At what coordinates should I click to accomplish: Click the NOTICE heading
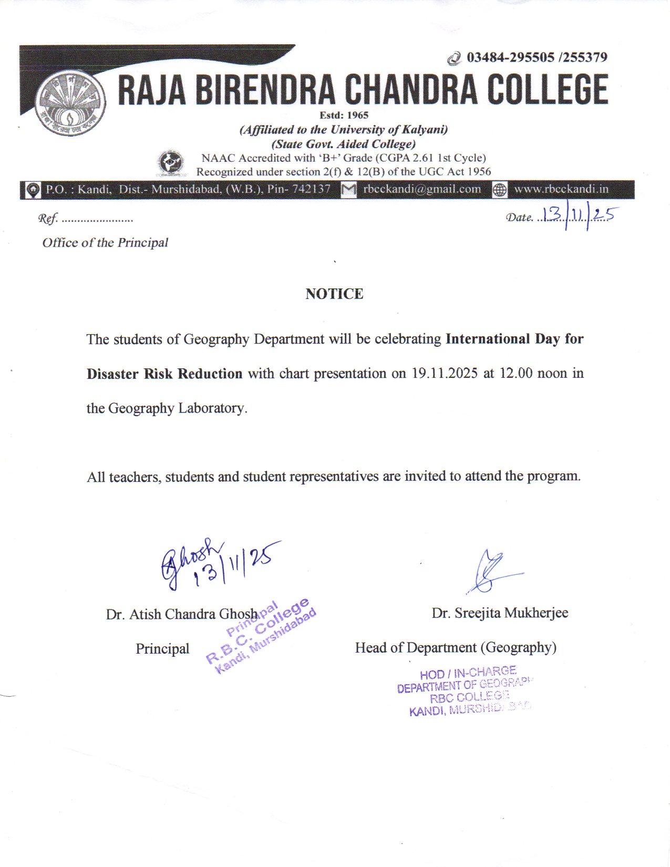point(334,294)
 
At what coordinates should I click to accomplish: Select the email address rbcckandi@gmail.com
point(422,189)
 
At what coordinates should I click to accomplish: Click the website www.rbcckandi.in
point(561,189)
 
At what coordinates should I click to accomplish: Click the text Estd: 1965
point(344,115)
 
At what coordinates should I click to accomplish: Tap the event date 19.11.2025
point(445,374)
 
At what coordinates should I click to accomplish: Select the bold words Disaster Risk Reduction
point(164,374)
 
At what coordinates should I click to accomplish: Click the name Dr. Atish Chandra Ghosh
point(181,614)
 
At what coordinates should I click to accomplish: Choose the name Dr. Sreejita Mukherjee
point(500,613)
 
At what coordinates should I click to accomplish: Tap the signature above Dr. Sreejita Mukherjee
point(491,571)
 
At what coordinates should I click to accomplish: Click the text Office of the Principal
point(105,242)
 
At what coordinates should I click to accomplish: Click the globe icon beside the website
point(500,190)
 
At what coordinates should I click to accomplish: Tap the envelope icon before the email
point(348,190)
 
